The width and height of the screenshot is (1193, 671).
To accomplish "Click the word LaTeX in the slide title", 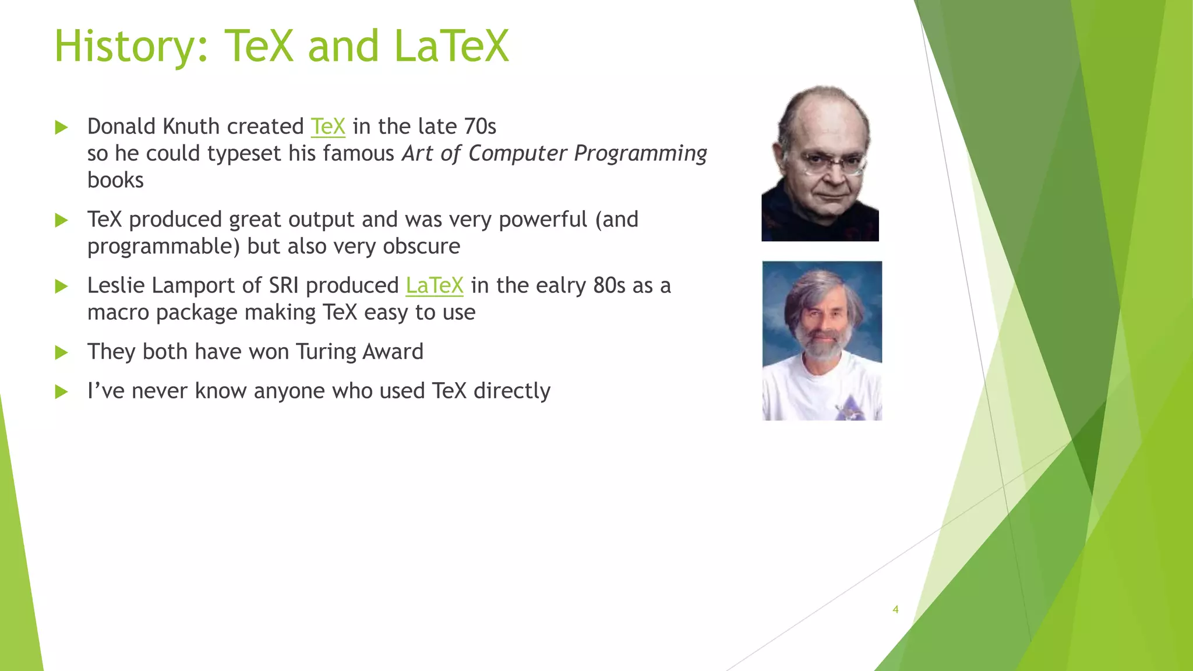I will point(451,47).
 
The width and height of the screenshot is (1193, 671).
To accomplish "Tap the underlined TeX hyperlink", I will point(328,126).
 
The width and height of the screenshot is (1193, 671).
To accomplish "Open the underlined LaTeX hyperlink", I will point(435,285).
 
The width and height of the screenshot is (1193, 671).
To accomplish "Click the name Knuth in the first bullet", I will point(191,126).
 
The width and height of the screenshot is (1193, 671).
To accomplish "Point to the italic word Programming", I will point(640,153).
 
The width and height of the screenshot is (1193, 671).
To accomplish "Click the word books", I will point(115,180).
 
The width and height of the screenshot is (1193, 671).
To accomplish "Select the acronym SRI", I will point(284,285).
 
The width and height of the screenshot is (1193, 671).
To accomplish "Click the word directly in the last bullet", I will point(511,391).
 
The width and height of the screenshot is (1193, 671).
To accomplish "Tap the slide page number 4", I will point(895,610).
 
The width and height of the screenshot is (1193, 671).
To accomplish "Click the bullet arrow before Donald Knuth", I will point(61,128).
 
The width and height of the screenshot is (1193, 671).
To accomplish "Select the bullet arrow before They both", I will point(61,352).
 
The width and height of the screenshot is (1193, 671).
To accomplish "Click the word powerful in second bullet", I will point(542,220).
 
